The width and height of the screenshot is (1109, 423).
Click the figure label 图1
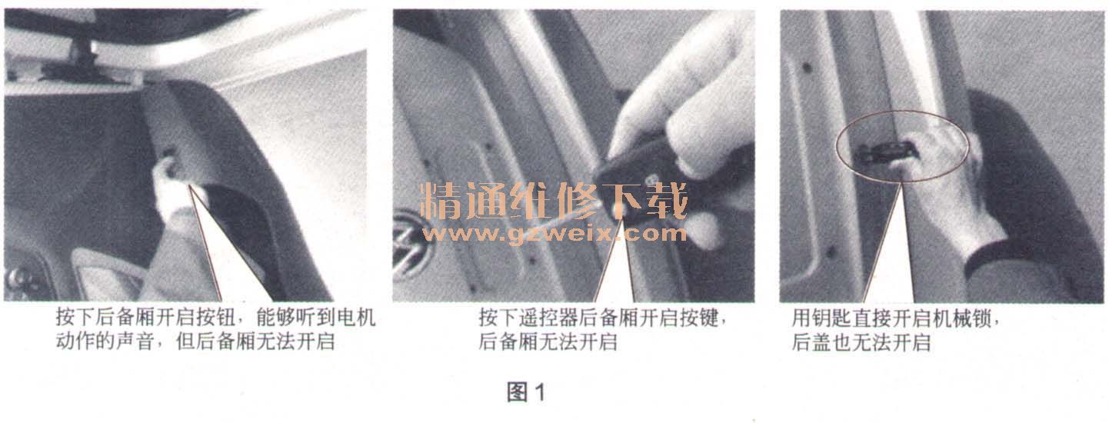tap(526, 393)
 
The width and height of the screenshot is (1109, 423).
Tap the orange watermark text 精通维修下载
tap(554, 201)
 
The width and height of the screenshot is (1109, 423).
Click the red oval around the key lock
tap(902, 147)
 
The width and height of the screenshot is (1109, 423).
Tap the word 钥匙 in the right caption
tap(831, 318)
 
